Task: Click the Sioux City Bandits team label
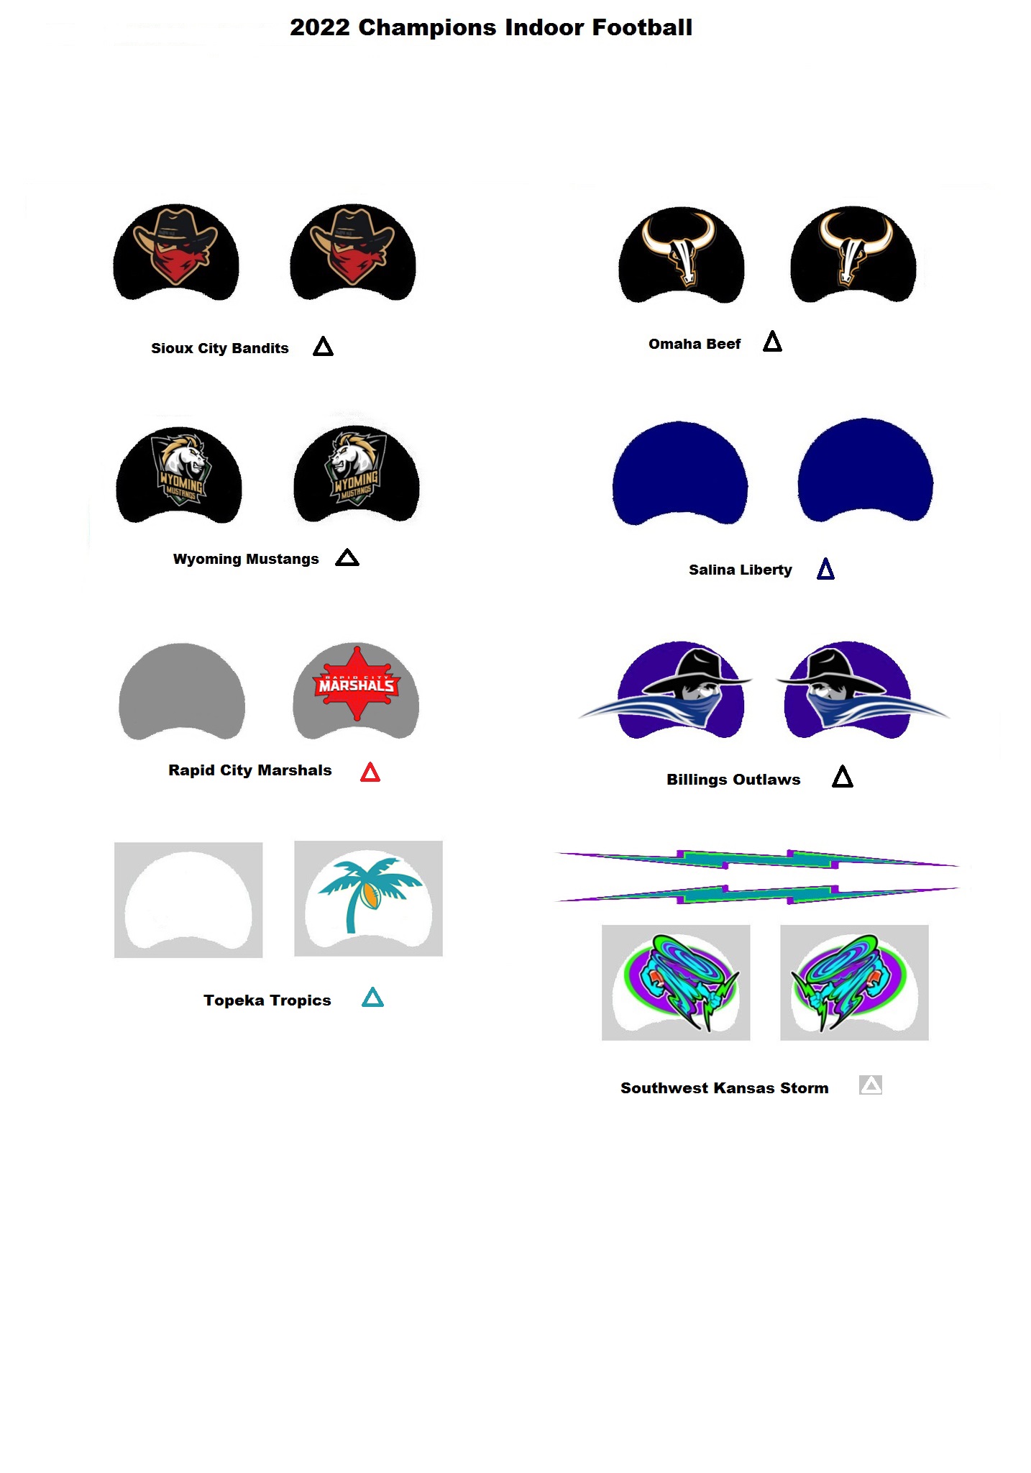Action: pos(219,348)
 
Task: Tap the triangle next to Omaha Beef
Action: pos(772,342)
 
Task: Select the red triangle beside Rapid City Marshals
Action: pos(370,772)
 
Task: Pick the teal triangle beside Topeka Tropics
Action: pos(372,998)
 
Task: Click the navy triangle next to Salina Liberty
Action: pos(825,570)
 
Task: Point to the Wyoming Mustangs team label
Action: pos(245,559)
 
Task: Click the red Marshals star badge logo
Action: pos(356,683)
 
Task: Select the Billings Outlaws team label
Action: pos(733,780)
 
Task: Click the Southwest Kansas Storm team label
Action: pos(724,1088)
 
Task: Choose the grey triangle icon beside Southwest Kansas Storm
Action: pos(870,1085)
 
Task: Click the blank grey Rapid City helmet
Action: pos(182,690)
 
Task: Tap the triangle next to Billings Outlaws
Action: pos(842,777)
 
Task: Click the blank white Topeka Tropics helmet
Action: pos(188,899)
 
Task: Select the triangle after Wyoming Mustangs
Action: pos(347,558)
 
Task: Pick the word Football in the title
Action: pos(641,27)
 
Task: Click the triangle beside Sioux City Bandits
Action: pos(323,347)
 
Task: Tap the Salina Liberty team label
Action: pos(740,570)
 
